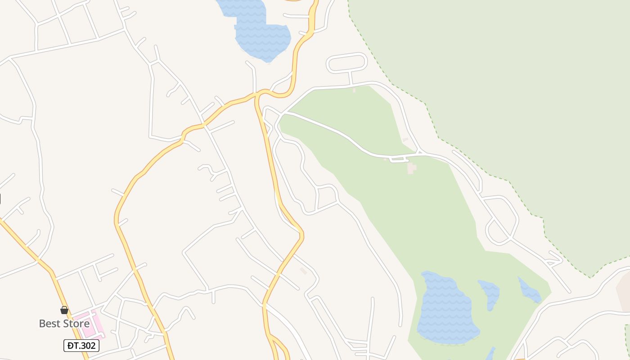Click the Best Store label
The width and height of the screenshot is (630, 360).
64,323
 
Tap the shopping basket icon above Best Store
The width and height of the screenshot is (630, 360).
64,310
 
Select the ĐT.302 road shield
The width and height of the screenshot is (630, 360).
81,345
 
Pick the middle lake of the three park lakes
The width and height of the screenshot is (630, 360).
490,292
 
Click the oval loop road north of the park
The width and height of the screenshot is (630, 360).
346,63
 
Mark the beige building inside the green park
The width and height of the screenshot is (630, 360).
411,168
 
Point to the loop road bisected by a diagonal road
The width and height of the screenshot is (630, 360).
502,220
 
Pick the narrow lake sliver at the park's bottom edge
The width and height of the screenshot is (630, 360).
490,353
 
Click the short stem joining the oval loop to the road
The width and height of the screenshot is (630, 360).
350,78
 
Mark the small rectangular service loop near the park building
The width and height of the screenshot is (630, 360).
398,158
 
